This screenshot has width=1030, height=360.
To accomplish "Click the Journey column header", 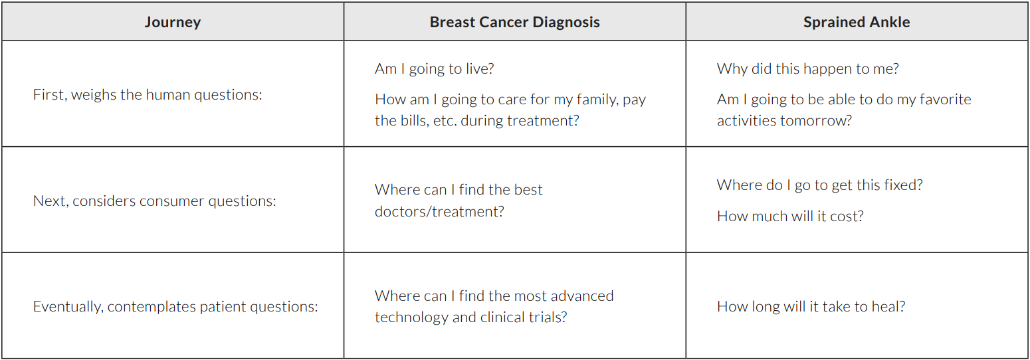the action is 172,23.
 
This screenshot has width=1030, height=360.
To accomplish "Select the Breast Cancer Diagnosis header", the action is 514,22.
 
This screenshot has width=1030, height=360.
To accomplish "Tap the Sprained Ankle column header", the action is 857,22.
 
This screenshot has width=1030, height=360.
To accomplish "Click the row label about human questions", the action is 148,95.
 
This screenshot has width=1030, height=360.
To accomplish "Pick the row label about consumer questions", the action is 154,201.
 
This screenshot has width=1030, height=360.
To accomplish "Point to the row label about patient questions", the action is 175,307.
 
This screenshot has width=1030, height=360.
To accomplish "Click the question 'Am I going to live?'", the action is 435,69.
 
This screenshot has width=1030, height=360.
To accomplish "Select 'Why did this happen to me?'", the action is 808,69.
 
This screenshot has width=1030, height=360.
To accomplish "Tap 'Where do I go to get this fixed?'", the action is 820,185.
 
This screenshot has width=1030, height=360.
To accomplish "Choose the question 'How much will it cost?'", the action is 790,217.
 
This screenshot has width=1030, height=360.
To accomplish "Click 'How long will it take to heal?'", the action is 811,307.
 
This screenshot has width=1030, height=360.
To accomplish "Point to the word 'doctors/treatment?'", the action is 440,212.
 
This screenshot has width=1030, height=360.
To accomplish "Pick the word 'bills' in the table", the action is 413,120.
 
